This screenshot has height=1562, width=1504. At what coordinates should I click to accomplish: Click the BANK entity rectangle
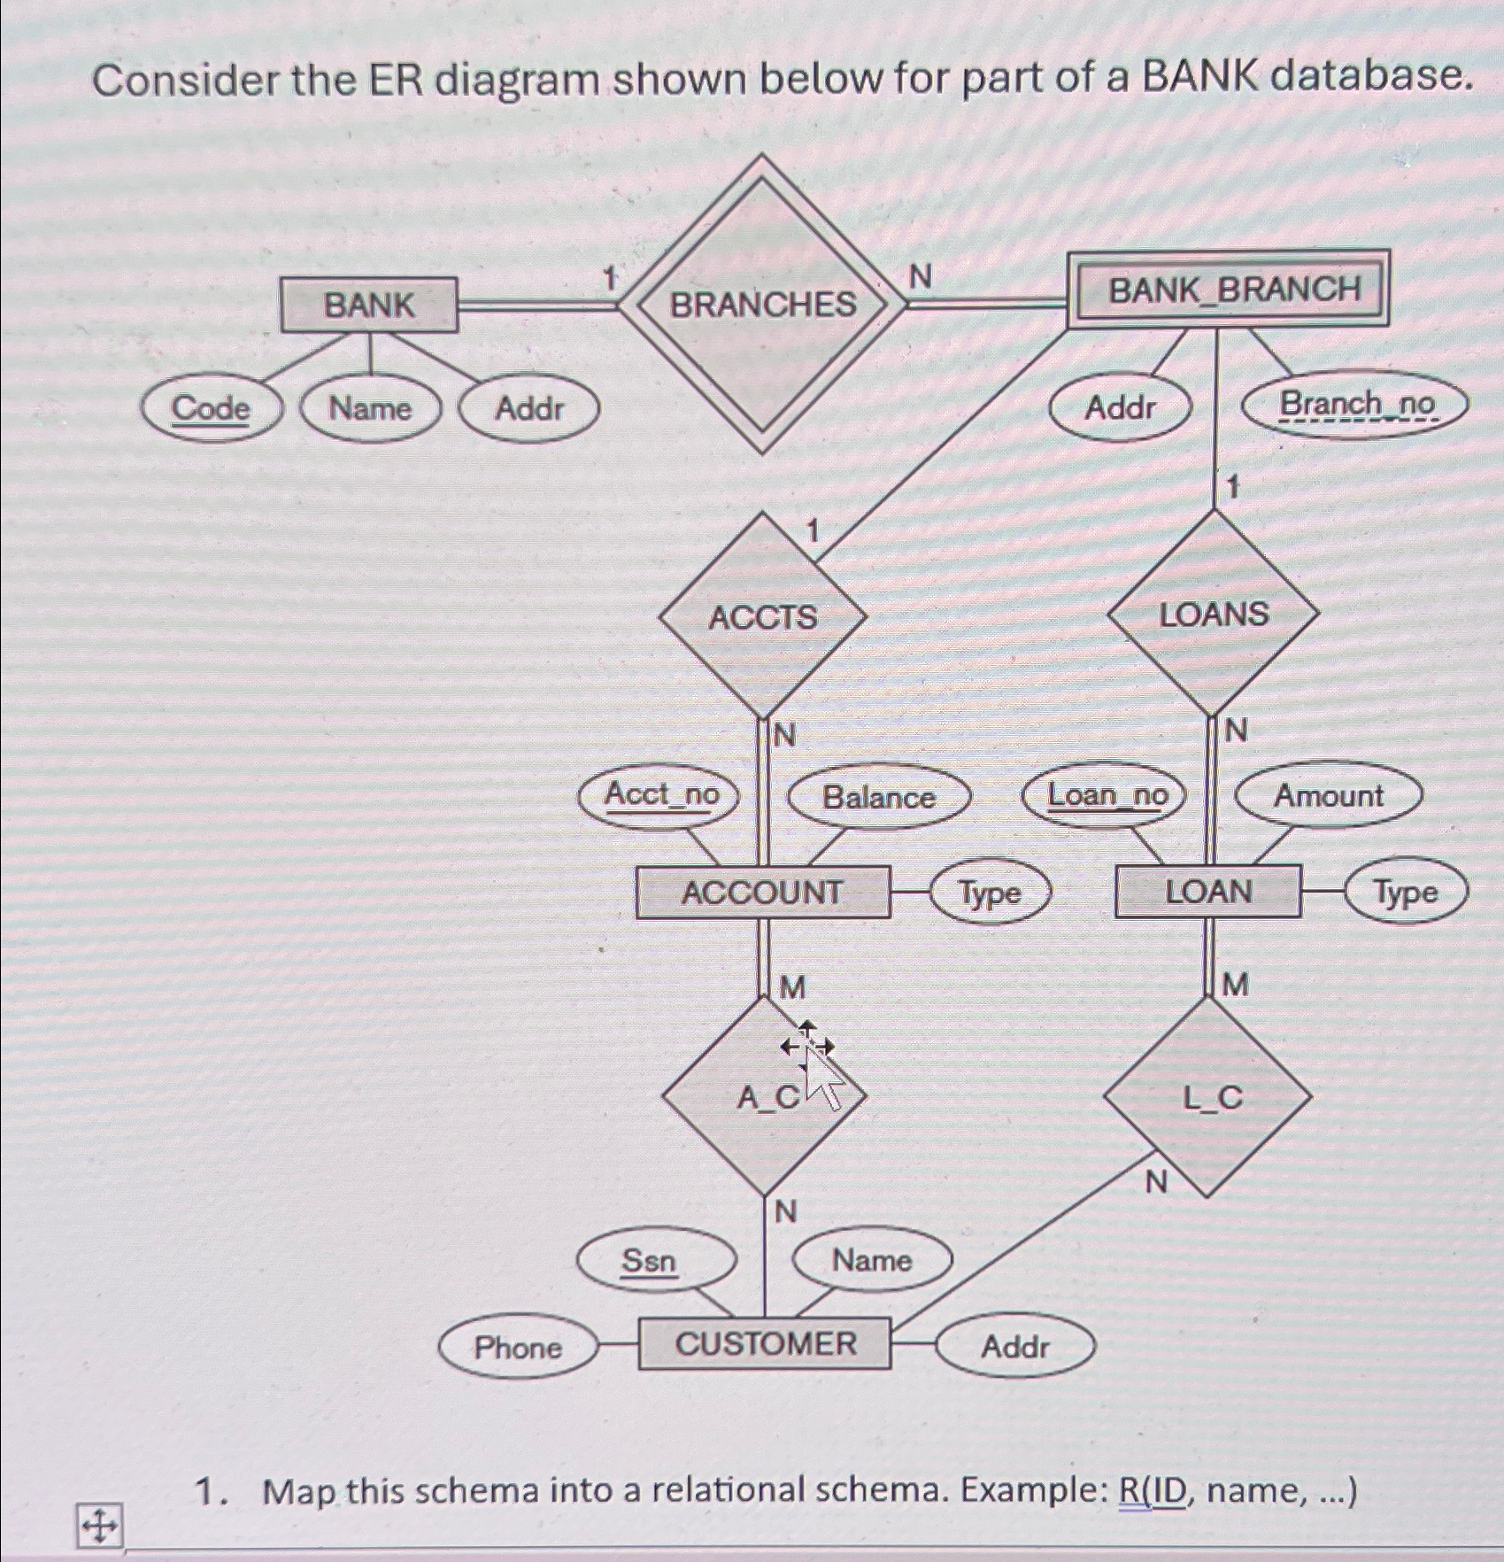(369, 305)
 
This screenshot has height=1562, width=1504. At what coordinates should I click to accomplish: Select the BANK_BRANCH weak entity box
(1227, 290)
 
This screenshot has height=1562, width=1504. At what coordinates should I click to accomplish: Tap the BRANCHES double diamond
(762, 305)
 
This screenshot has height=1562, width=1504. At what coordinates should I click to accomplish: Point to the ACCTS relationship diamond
(762, 616)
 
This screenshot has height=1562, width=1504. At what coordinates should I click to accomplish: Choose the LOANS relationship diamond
(1214, 614)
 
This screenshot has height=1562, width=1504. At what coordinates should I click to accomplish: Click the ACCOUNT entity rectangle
(762, 892)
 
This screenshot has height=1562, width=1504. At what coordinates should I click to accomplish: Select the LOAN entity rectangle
(1207, 892)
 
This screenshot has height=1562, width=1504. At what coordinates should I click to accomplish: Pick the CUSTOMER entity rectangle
(765, 1343)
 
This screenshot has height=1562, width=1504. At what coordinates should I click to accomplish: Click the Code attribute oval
(211, 409)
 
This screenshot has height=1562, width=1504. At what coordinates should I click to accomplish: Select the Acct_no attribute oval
(661, 795)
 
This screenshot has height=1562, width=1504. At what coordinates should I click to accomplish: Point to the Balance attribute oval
(878, 797)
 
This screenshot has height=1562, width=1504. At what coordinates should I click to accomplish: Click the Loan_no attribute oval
(1107, 795)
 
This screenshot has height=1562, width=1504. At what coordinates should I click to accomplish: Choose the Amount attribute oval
(1328, 795)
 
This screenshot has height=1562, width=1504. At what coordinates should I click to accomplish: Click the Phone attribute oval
(517, 1347)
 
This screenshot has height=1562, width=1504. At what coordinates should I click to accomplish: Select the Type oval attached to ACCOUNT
(990, 893)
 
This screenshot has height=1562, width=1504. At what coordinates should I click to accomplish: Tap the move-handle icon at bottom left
(99, 1526)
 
